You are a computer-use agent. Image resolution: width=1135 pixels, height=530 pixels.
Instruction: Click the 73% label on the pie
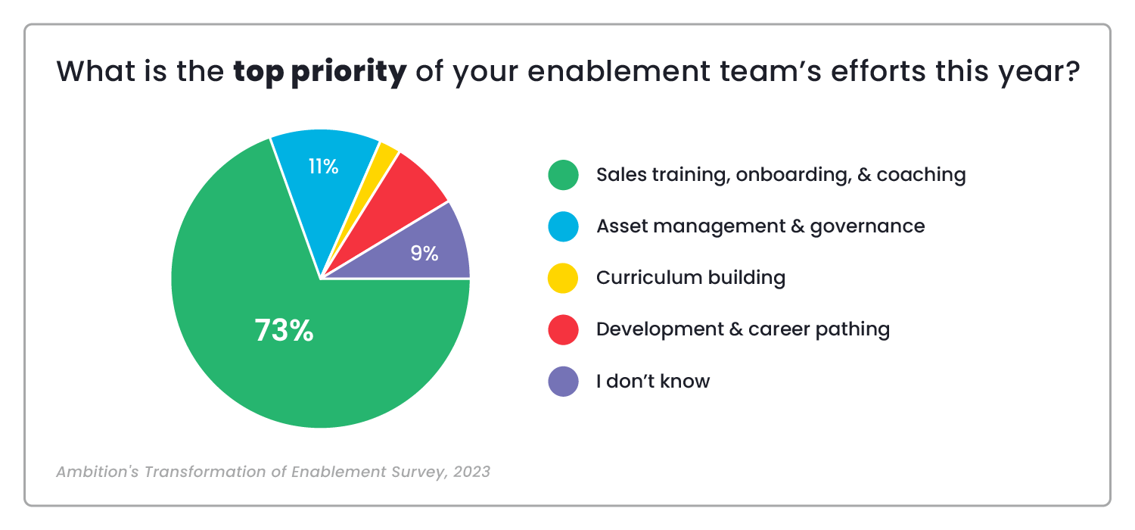[284, 331]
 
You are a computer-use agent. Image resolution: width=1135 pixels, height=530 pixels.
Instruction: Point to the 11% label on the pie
[323, 167]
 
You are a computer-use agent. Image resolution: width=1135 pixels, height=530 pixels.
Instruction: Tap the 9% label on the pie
[424, 254]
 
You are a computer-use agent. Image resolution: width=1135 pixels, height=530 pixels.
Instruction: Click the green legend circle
[563, 176]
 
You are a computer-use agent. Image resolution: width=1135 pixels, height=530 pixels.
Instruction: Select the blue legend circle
[563, 226]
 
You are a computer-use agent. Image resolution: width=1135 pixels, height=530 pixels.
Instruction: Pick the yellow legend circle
[563, 278]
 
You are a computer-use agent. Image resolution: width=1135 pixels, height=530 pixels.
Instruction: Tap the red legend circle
[563, 329]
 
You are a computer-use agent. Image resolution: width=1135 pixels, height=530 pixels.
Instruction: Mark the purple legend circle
[563, 381]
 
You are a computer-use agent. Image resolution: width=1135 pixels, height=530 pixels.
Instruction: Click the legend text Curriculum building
[690, 278]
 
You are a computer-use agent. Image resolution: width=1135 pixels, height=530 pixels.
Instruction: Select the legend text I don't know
[652, 381]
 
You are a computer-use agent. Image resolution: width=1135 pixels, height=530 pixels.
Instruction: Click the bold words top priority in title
[320, 73]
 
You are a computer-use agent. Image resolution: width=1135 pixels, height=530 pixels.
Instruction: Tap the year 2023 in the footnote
[471, 472]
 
